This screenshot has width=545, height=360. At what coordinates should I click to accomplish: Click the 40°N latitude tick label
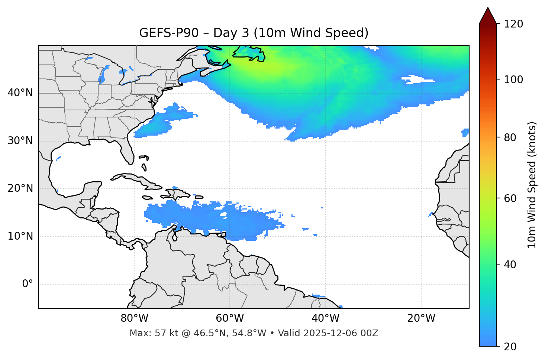coord(20,93)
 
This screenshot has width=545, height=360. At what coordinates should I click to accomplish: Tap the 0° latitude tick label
coord(28,284)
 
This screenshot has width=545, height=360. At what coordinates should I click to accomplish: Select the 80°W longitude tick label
coord(134,318)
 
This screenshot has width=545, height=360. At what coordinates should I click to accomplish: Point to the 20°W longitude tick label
coord(421,318)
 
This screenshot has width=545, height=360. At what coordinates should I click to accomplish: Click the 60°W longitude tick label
coord(230,318)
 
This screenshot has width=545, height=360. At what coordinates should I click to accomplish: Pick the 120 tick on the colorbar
coord(514,24)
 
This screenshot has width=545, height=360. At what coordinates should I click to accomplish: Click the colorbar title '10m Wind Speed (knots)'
coord(532,185)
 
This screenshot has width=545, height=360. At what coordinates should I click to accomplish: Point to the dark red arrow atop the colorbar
coord(488,16)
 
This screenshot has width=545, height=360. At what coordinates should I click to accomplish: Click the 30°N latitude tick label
coord(20,141)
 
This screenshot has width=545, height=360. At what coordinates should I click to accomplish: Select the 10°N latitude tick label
coord(20,236)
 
